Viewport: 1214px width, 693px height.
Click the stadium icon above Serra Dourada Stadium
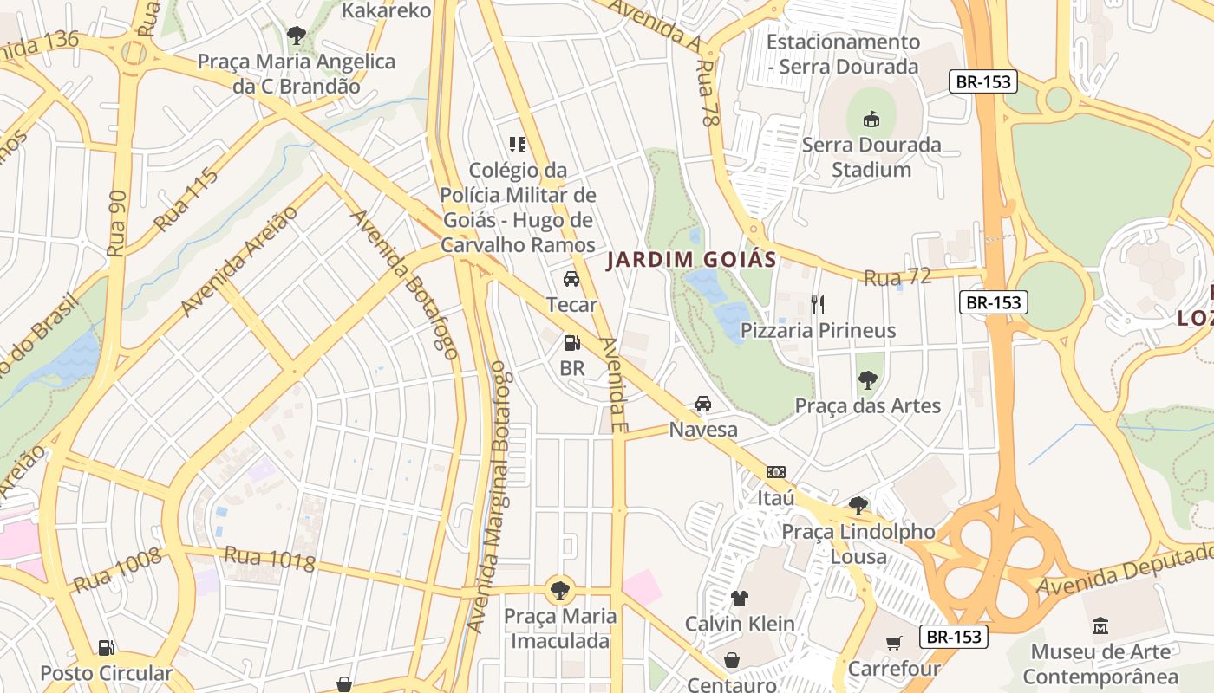tap(871, 119)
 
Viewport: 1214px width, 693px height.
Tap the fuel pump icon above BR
tap(571, 343)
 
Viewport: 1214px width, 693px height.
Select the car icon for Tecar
tap(571, 279)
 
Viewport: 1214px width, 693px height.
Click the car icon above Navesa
tap(703, 404)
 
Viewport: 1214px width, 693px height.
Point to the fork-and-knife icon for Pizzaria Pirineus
tap(817, 304)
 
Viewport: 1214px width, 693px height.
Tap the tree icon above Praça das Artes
tap(867, 379)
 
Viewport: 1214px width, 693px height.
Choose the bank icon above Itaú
tap(776, 472)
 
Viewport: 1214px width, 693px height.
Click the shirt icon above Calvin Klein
tap(739, 598)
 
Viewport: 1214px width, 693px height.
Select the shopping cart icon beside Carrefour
tap(894, 643)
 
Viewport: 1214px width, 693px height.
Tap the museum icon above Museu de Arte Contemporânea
tap(1100, 625)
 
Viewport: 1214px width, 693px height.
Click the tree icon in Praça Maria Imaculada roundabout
tap(561, 591)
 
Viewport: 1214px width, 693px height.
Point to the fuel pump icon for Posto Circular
tap(106, 647)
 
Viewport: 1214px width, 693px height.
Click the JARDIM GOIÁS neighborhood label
tap(690, 260)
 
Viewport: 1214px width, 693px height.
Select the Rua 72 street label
tap(897, 277)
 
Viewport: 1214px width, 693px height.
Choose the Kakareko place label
tap(386, 10)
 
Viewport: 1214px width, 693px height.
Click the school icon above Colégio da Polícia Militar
tap(518, 144)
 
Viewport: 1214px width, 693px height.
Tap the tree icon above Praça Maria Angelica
tap(296, 36)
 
